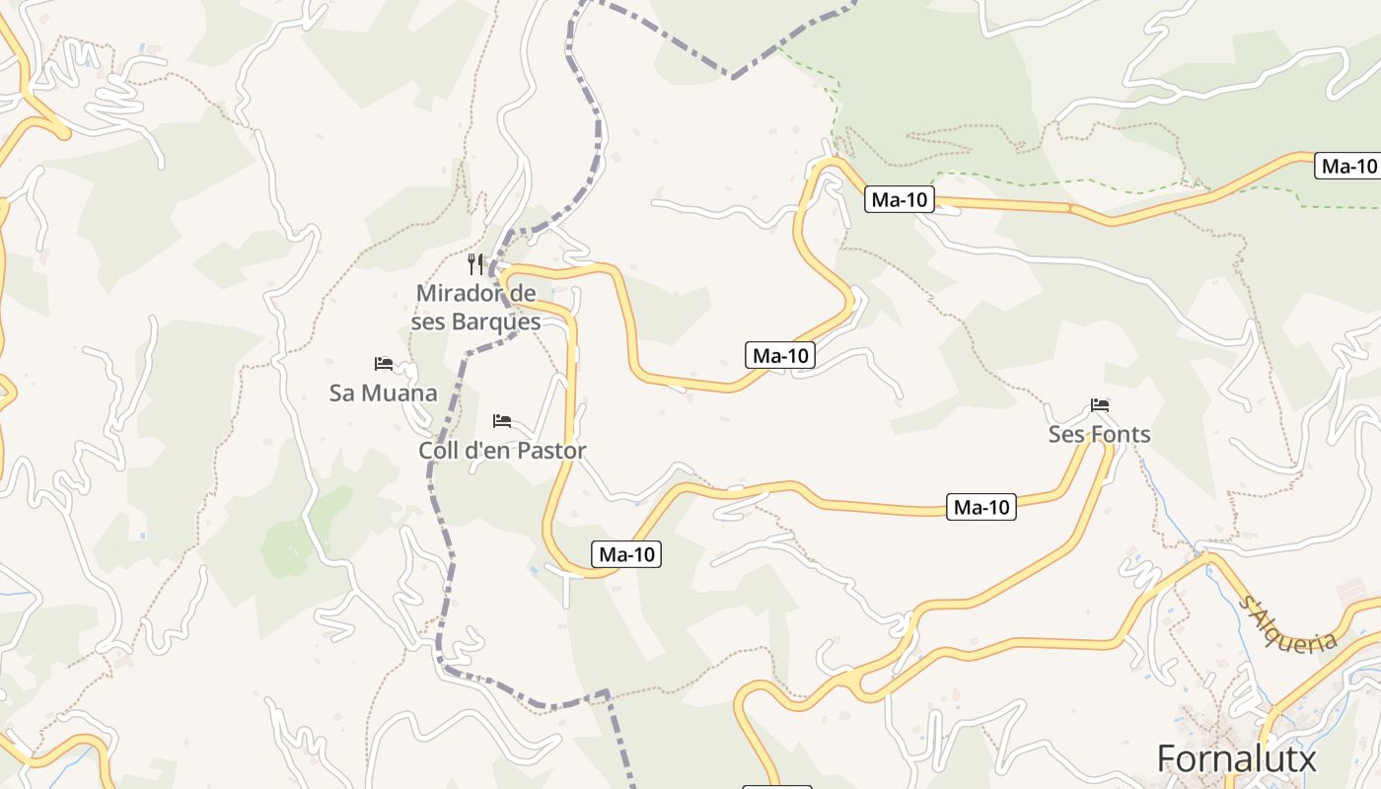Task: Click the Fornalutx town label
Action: (1236, 758)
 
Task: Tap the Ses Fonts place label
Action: (1099, 434)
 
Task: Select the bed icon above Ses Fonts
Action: (1100, 404)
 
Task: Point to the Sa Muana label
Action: (383, 393)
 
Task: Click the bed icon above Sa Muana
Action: (384, 364)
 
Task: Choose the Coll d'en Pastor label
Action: (502, 451)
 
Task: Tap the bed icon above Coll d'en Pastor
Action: (502, 421)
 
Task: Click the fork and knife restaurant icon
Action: (476, 263)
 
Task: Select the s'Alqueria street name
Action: (1287, 621)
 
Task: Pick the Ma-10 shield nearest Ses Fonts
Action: (981, 507)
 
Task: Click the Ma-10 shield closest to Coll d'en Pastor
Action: (626, 554)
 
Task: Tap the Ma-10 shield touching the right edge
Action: (1347, 166)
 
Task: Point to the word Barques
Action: (496, 322)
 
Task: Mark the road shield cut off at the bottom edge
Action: (776, 785)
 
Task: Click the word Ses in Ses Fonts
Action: (1065, 434)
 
